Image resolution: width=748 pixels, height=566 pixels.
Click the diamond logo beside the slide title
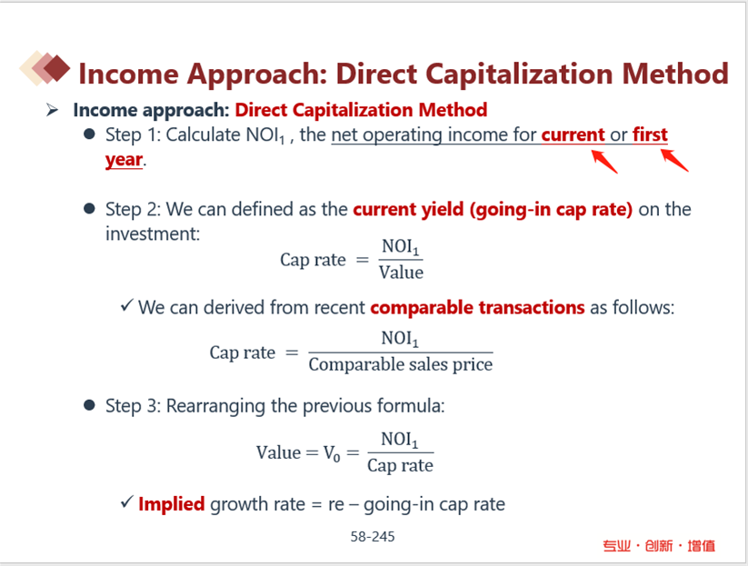point(45,68)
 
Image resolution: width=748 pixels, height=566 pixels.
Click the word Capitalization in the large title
point(519,74)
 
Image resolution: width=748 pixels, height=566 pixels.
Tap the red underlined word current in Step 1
point(573,135)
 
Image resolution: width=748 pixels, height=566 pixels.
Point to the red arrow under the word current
point(604,162)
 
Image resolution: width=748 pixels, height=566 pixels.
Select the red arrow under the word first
point(674,160)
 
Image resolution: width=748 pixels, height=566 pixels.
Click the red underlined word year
point(124,160)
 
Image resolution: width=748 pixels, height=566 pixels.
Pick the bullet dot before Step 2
point(89,208)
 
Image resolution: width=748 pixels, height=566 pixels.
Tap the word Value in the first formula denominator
point(401,273)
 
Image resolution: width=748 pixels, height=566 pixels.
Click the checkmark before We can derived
point(126,304)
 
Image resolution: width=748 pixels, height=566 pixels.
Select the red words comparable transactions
point(477,308)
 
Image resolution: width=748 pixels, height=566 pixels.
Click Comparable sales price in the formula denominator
point(401,365)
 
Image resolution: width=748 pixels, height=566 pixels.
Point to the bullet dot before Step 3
point(89,405)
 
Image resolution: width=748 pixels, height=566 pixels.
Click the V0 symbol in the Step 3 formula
point(332,453)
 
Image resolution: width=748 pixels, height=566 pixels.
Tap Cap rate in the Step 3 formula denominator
point(400,465)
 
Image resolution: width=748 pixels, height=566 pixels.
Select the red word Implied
point(172,504)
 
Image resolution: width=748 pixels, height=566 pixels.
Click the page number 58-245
point(373,537)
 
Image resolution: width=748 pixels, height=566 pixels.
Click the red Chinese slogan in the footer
point(659,545)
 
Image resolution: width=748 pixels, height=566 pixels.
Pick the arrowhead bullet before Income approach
point(52,110)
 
